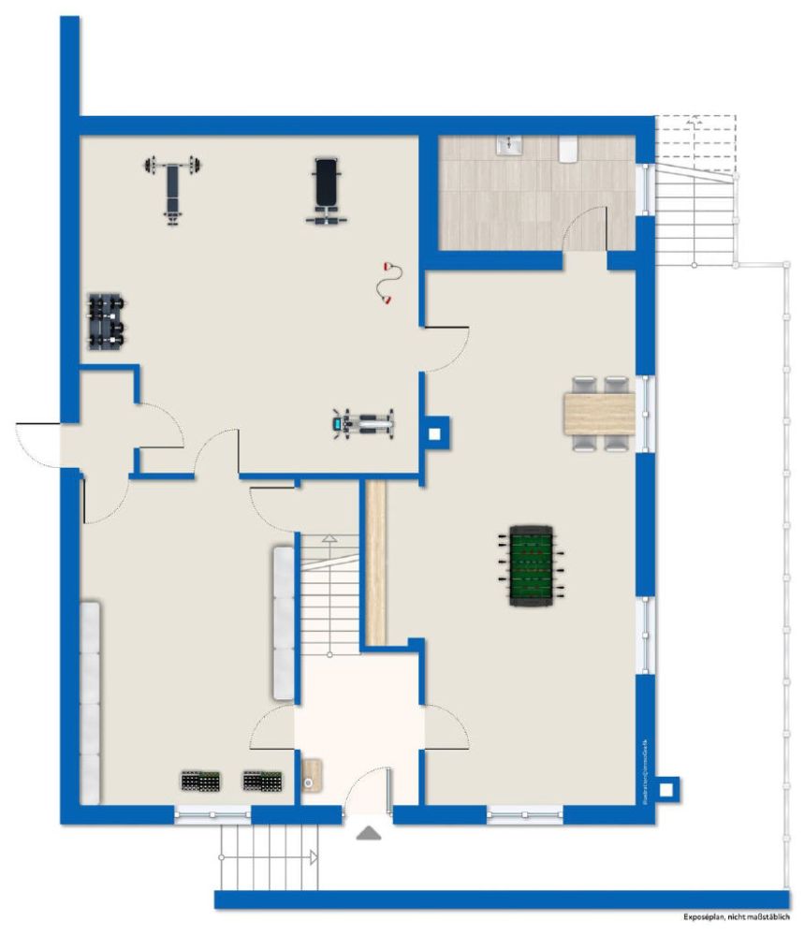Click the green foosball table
532,565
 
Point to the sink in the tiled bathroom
509,144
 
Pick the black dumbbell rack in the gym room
106,321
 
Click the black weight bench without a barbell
325,190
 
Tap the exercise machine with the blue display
363,425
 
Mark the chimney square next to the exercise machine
436,434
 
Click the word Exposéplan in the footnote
707,920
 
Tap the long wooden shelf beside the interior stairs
376,563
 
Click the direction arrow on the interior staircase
329,540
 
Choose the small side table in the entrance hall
312,775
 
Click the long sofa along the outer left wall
90,702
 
